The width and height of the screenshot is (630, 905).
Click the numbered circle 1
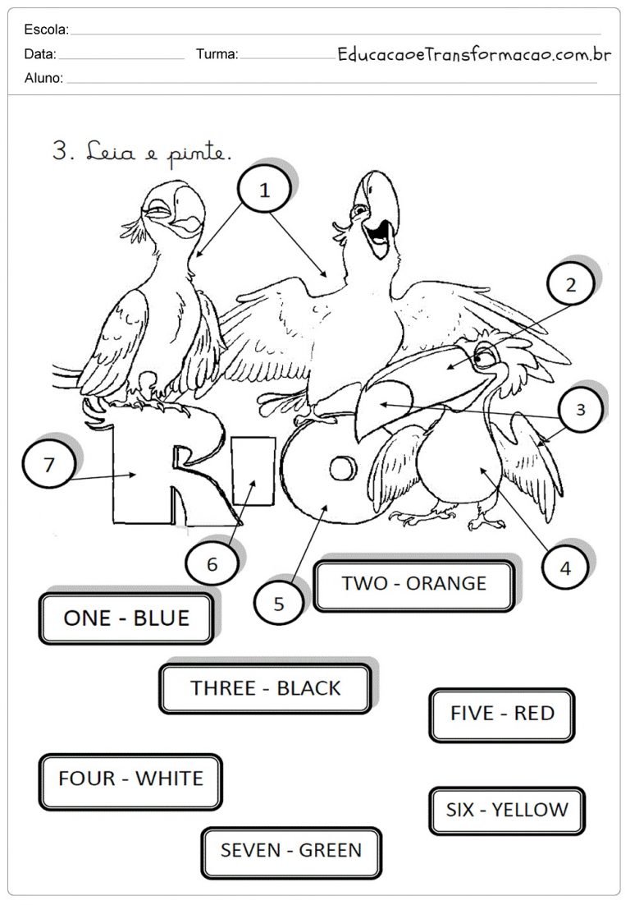click(x=264, y=190)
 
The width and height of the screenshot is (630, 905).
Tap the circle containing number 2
click(x=570, y=284)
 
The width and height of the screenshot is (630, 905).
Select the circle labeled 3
click(x=581, y=409)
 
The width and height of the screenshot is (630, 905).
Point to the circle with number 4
click(x=565, y=568)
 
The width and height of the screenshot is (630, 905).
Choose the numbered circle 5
click(x=279, y=603)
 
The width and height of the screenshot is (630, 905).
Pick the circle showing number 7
click(x=48, y=465)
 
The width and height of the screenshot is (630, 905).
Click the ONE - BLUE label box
click(x=126, y=618)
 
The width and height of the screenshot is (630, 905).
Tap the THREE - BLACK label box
click(x=265, y=688)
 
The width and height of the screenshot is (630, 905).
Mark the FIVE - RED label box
click(x=502, y=714)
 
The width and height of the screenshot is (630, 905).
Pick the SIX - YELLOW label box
click(x=507, y=811)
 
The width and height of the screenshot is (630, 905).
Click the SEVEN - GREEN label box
click(x=291, y=852)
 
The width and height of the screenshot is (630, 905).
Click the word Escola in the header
click(x=46, y=30)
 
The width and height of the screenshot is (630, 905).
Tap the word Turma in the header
click(x=217, y=54)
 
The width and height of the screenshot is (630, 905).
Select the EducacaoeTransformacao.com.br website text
click(x=474, y=54)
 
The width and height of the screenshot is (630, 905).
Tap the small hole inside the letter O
click(x=343, y=468)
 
